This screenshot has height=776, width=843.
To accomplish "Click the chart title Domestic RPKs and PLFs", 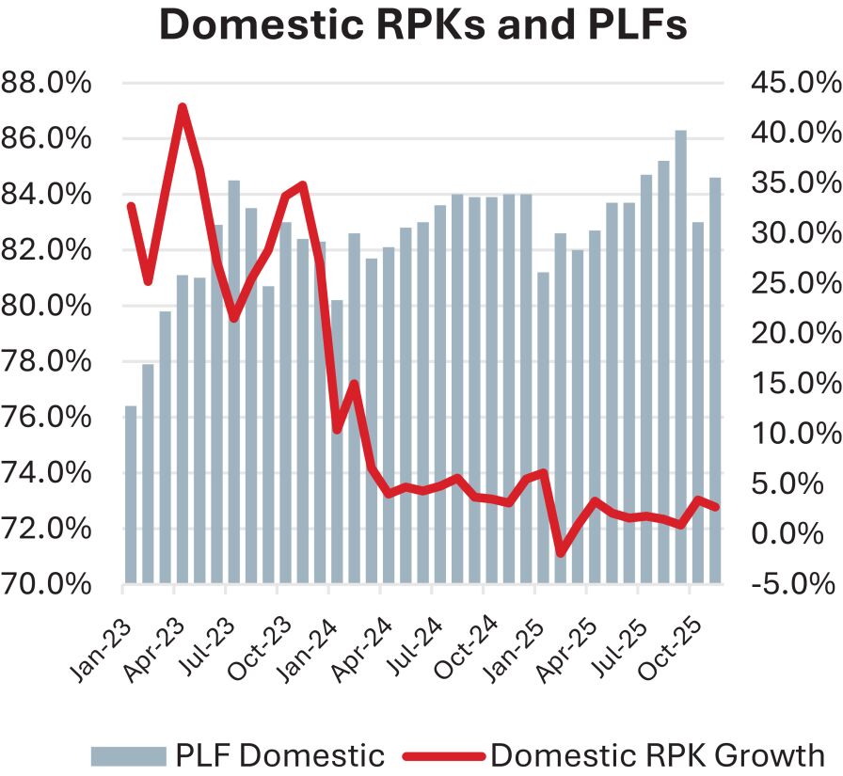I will point(422,25).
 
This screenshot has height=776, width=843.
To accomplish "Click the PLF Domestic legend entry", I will point(238,754).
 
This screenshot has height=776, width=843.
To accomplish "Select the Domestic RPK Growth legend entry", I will point(615,754).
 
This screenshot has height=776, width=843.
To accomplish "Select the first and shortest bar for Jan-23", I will point(131,495).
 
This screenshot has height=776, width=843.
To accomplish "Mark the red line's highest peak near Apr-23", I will point(182,107).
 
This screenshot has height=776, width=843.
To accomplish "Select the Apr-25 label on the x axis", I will point(562,649).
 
